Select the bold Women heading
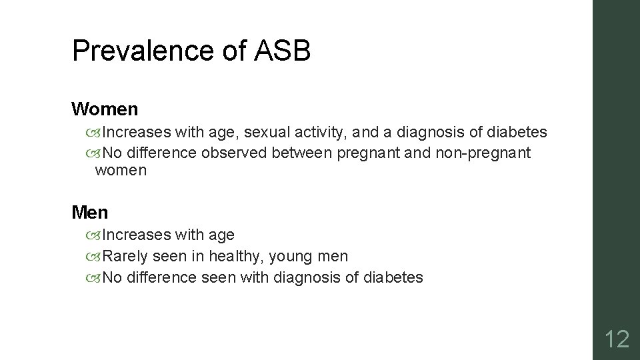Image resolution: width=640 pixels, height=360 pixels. [105, 108]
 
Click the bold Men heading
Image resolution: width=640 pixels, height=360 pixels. [89, 213]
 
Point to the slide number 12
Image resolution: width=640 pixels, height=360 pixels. [616, 339]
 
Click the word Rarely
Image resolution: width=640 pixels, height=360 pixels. [127, 256]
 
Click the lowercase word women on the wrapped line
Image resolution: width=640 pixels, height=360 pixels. [121, 171]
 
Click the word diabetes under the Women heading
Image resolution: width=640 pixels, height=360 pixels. [517, 133]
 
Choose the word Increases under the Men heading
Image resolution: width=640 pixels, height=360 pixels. [136, 235]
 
